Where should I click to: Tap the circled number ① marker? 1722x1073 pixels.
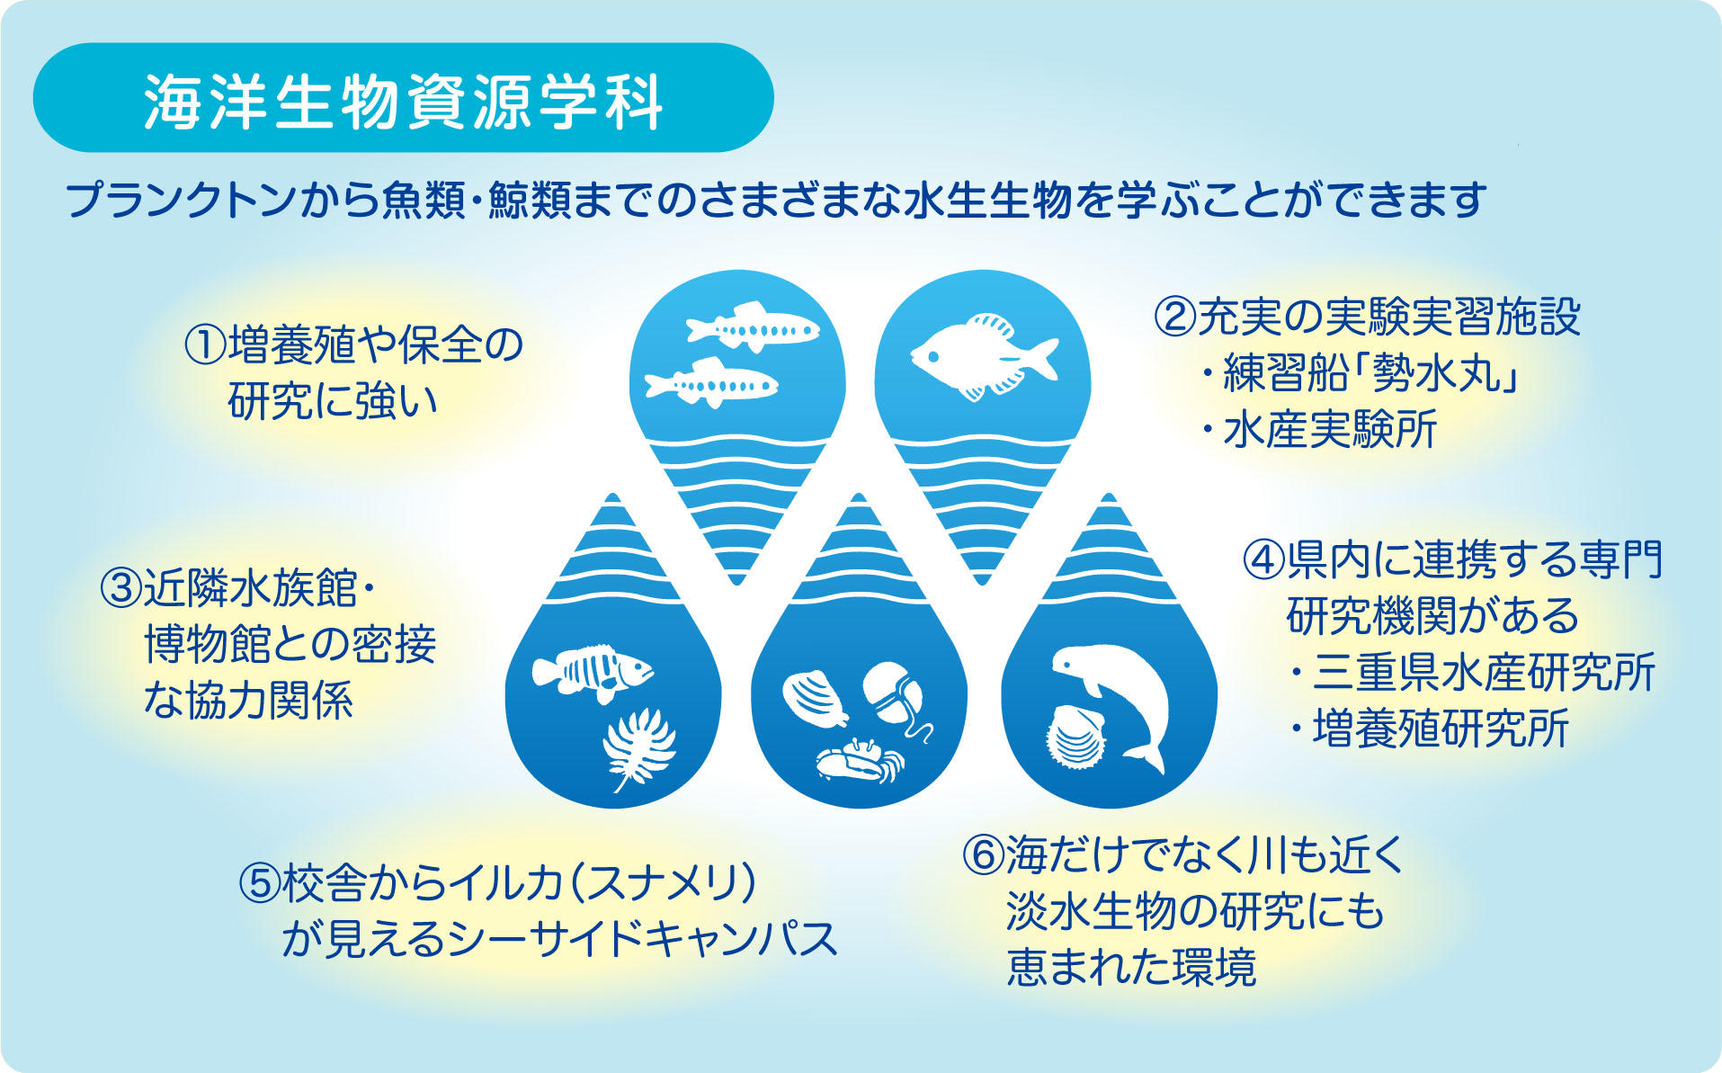pyautogui.click(x=205, y=345)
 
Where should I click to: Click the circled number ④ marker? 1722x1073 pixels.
pyautogui.click(x=1264, y=559)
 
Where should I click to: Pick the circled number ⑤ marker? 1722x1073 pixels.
pyautogui.click(x=261, y=883)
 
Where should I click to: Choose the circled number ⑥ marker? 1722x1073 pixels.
pyautogui.click(x=984, y=855)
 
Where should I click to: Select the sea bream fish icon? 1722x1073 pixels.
pyautogui.click(x=984, y=356)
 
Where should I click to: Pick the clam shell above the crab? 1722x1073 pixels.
pyautogui.click(x=816, y=699)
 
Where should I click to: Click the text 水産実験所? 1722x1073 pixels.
pyautogui.click(x=1330, y=429)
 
